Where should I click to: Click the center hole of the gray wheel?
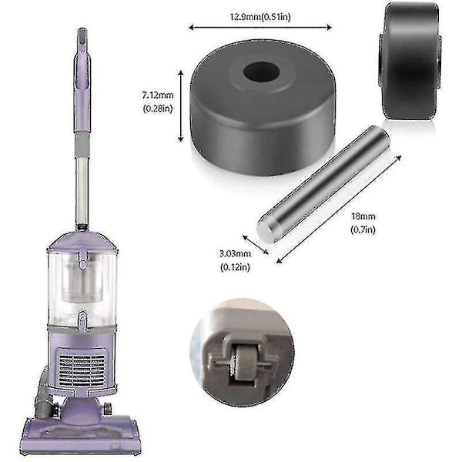262,72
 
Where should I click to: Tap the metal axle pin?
323,182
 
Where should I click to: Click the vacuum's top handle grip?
81,54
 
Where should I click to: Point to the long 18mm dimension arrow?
340,208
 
